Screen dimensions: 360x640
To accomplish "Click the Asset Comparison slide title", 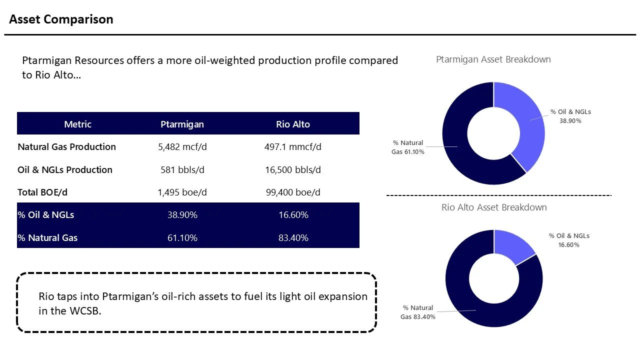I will (x=61, y=19).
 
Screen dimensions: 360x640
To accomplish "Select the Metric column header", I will (x=77, y=124).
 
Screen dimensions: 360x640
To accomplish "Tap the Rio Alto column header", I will (x=293, y=124).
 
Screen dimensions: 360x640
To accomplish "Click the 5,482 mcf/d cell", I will (x=182, y=147).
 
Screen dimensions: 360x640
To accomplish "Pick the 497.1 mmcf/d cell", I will (x=293, y=147).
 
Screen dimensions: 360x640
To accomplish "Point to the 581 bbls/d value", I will (x=182, y=170).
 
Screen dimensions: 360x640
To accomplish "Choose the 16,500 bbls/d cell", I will (x=293, y=170).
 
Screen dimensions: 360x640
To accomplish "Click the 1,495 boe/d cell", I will (x=182, y=192).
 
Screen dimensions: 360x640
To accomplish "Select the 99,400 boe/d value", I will (x=293, y=192).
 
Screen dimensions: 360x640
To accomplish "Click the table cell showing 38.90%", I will (x=182, y=215).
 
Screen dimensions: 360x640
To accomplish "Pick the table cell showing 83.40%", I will (x=293, y=238).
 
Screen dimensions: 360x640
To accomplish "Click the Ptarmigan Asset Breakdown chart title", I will (x=493, y=59).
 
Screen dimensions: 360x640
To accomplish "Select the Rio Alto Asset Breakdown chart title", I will (x=494, y=207).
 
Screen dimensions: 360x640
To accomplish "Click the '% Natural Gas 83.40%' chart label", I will (x=417, y=312).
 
